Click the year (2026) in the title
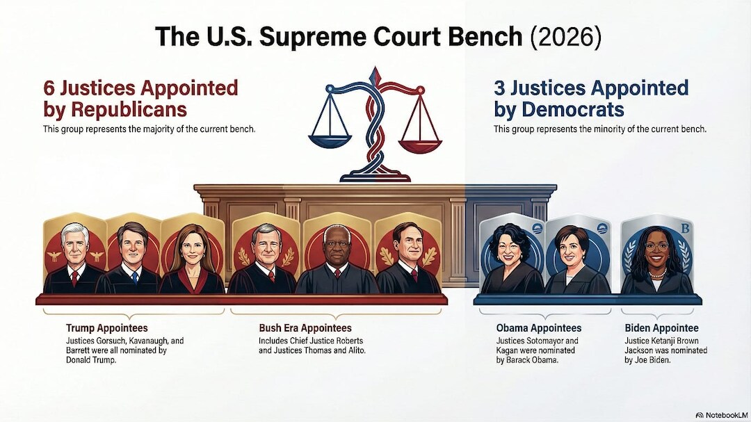pyautogui.click(x=565, y=37)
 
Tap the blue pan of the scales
pyautogui.click(x=330, y=141)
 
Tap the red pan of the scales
pyautogui.click(x=420, y=145)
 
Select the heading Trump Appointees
pyautogui.click(x=107, y=328)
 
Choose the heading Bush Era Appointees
pyautogui.click(x=305, y=328)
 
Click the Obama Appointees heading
pyautogui.click(x=539, y=328)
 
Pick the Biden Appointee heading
pyautogui.click(x=661, y=328)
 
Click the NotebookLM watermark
pyautogui.click(x=722, y=415)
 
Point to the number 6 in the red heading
pyautogui.click(x=49, y=88)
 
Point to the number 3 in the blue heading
pyautogui.click(x=499, y=88)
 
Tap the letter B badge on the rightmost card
pyautogui.click(x=685, y=229)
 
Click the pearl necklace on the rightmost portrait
pyautogui.click(x=657, y=275)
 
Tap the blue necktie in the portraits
pyautogui.click(x=135, y=277)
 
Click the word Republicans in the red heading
pyautogui.click(x=129, y=110)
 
